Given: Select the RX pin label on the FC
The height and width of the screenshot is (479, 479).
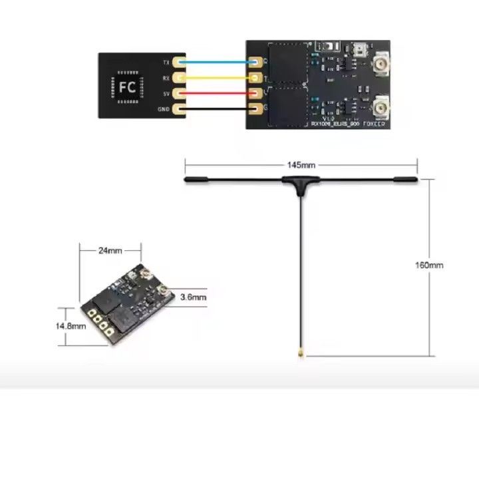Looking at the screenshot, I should (x=166, y=78).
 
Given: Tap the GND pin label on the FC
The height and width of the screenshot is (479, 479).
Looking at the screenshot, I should (x=164, y=108).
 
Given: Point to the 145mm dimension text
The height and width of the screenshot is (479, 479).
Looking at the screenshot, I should (x=301, y=164).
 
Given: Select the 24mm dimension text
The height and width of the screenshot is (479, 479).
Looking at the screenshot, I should (x=110, y=251).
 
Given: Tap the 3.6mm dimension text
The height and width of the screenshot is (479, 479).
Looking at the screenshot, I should (x=194, y=297).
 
